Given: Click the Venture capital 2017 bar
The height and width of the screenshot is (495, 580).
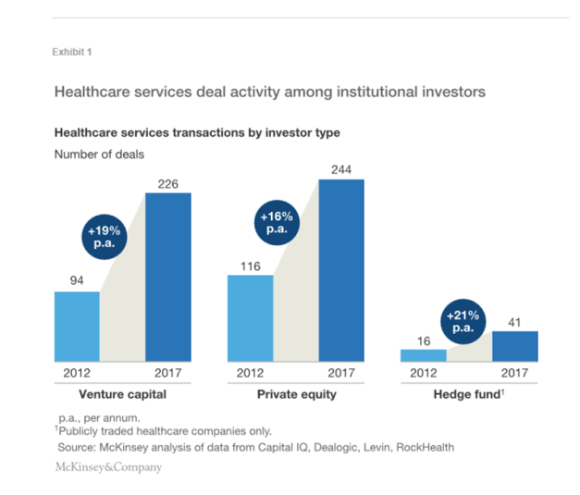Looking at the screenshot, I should [x=167, y=277].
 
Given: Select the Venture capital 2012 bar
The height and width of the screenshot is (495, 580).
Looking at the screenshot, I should [x=77, y=326].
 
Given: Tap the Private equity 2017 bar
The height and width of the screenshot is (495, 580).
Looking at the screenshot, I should [x=341, y=269].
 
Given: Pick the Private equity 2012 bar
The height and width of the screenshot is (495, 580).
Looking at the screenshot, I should [x=250, y=317].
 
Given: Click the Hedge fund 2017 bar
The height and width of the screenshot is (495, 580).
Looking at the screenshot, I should [x=515, y=346].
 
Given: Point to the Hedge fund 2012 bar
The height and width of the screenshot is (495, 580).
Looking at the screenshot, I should [x=424, y=354].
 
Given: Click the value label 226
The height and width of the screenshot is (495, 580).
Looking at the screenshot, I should [x=167, y=183].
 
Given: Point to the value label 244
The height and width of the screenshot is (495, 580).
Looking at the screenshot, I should [x=341, y=169].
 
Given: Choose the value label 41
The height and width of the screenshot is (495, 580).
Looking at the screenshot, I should [x=515, y=322].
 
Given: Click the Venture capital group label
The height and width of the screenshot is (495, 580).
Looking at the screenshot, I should [x=122, y=394].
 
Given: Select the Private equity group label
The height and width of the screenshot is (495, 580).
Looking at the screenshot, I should [x=296, y=394].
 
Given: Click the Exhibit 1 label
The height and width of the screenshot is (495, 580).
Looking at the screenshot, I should [x=72, y=52].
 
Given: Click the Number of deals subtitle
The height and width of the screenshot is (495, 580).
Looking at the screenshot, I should [x=99, y=155].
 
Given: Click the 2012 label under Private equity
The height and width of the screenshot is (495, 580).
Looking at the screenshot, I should [x=250, y=374].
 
